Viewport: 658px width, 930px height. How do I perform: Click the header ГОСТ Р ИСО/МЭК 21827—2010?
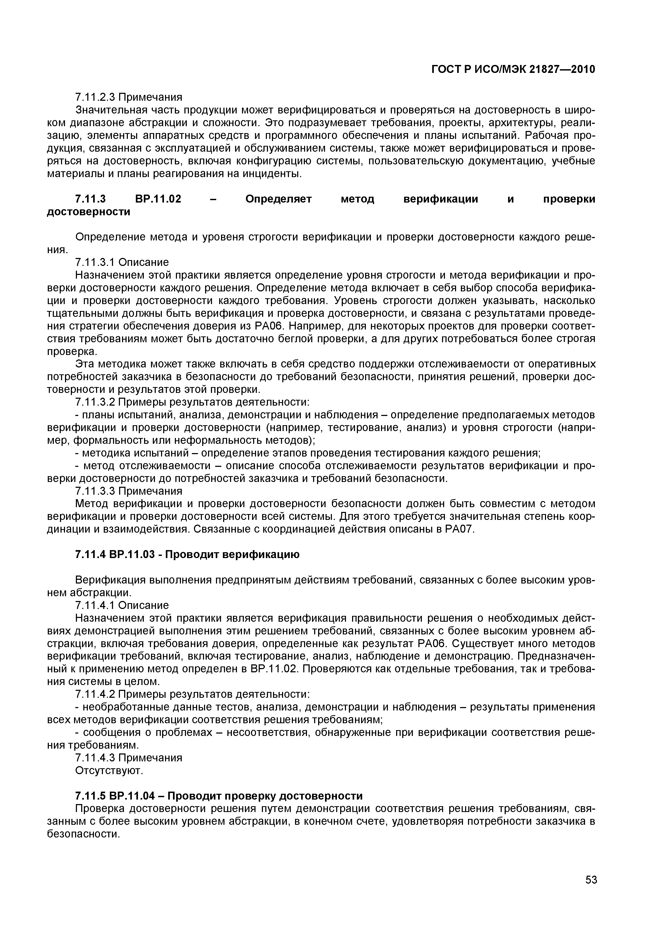(513, 70)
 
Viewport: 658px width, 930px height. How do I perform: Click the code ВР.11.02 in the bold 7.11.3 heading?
(157, 199)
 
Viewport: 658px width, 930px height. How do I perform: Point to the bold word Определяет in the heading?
(279, 199)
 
